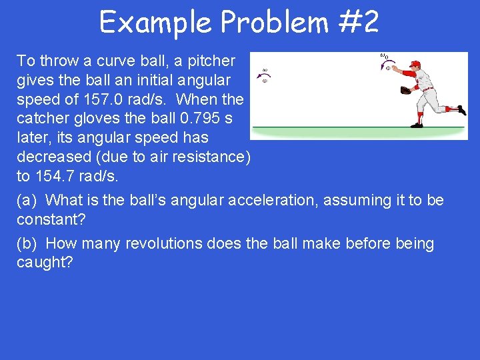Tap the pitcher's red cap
tap(415, 64)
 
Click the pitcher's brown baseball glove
tap(405, 89)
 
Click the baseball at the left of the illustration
tap(265, 81)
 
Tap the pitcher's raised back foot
tap(460, 109)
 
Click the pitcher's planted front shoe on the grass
tap(417, 124)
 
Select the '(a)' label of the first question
tap(28, 201)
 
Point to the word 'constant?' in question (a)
tap(51, 219)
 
